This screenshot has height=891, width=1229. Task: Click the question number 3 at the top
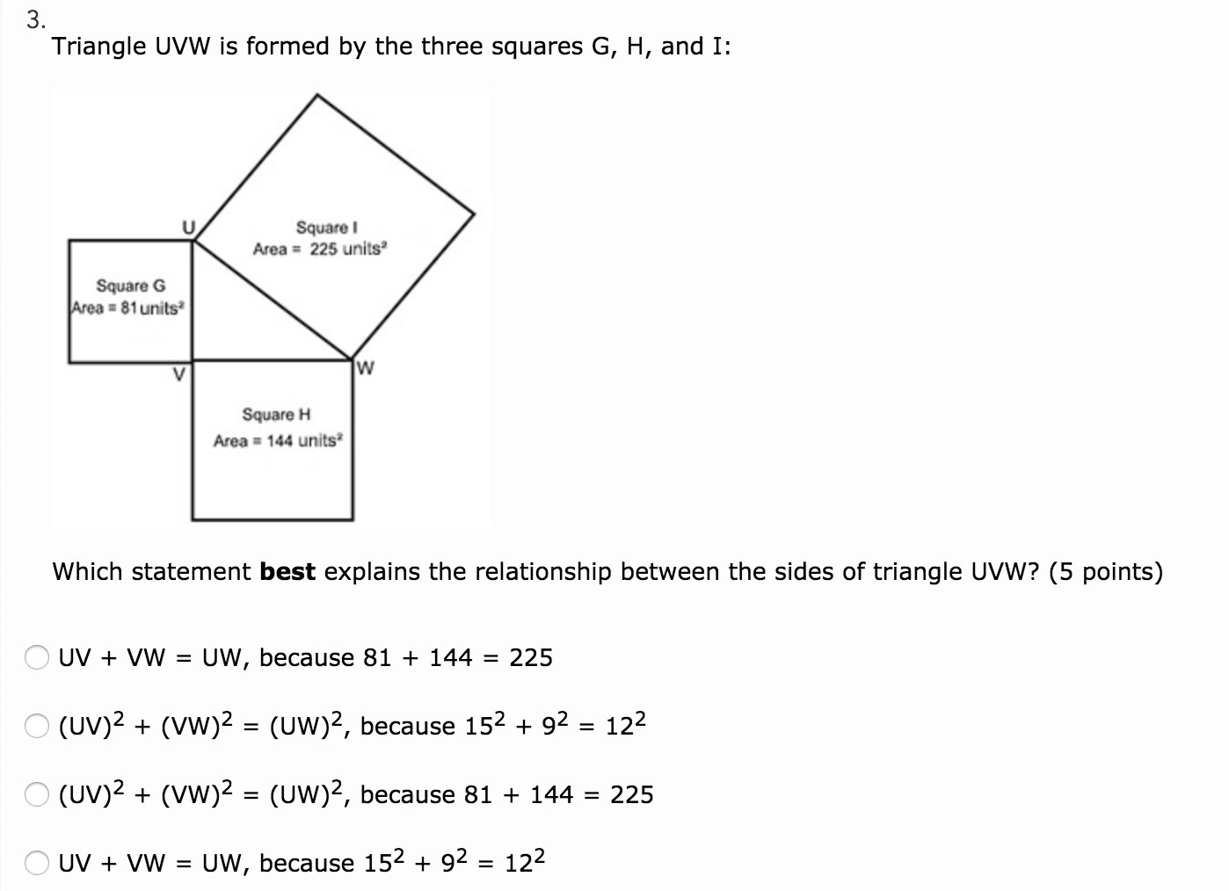pyautogui.click(x=33, y=19)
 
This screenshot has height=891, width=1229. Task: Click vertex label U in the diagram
pyautogui.click(x=187, y=227)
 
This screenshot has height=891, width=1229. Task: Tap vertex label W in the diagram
pyautogui.click(x=367, y=367)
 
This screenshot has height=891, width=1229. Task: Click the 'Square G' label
pyautogui.click(x=130, y=286)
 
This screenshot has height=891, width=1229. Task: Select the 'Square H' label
pyautogui.click(x=276, y=414)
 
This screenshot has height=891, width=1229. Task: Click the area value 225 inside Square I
pyautogui.click(x=324, y=249)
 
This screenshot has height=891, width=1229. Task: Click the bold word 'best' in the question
pyautogui.click(x=287, y=572)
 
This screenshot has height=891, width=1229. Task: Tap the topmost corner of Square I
pyautogui.click(x=316, y=95)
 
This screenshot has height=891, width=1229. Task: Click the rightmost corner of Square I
pyautogui.click(x=475, y=213)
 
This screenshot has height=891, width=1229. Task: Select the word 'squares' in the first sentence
pyautogui.click(x=534, y=46)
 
